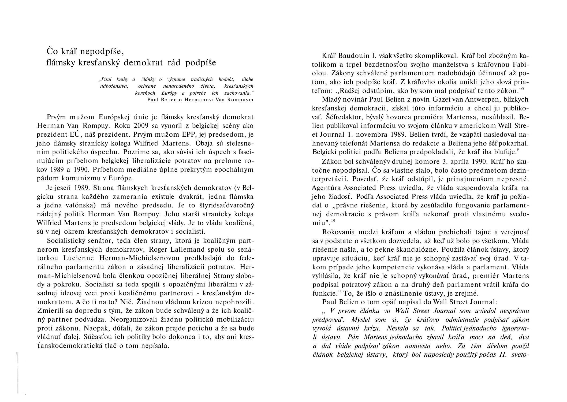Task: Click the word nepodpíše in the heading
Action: [101, 51]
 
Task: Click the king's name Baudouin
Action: [353, 56]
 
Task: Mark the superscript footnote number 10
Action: [333, 221]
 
